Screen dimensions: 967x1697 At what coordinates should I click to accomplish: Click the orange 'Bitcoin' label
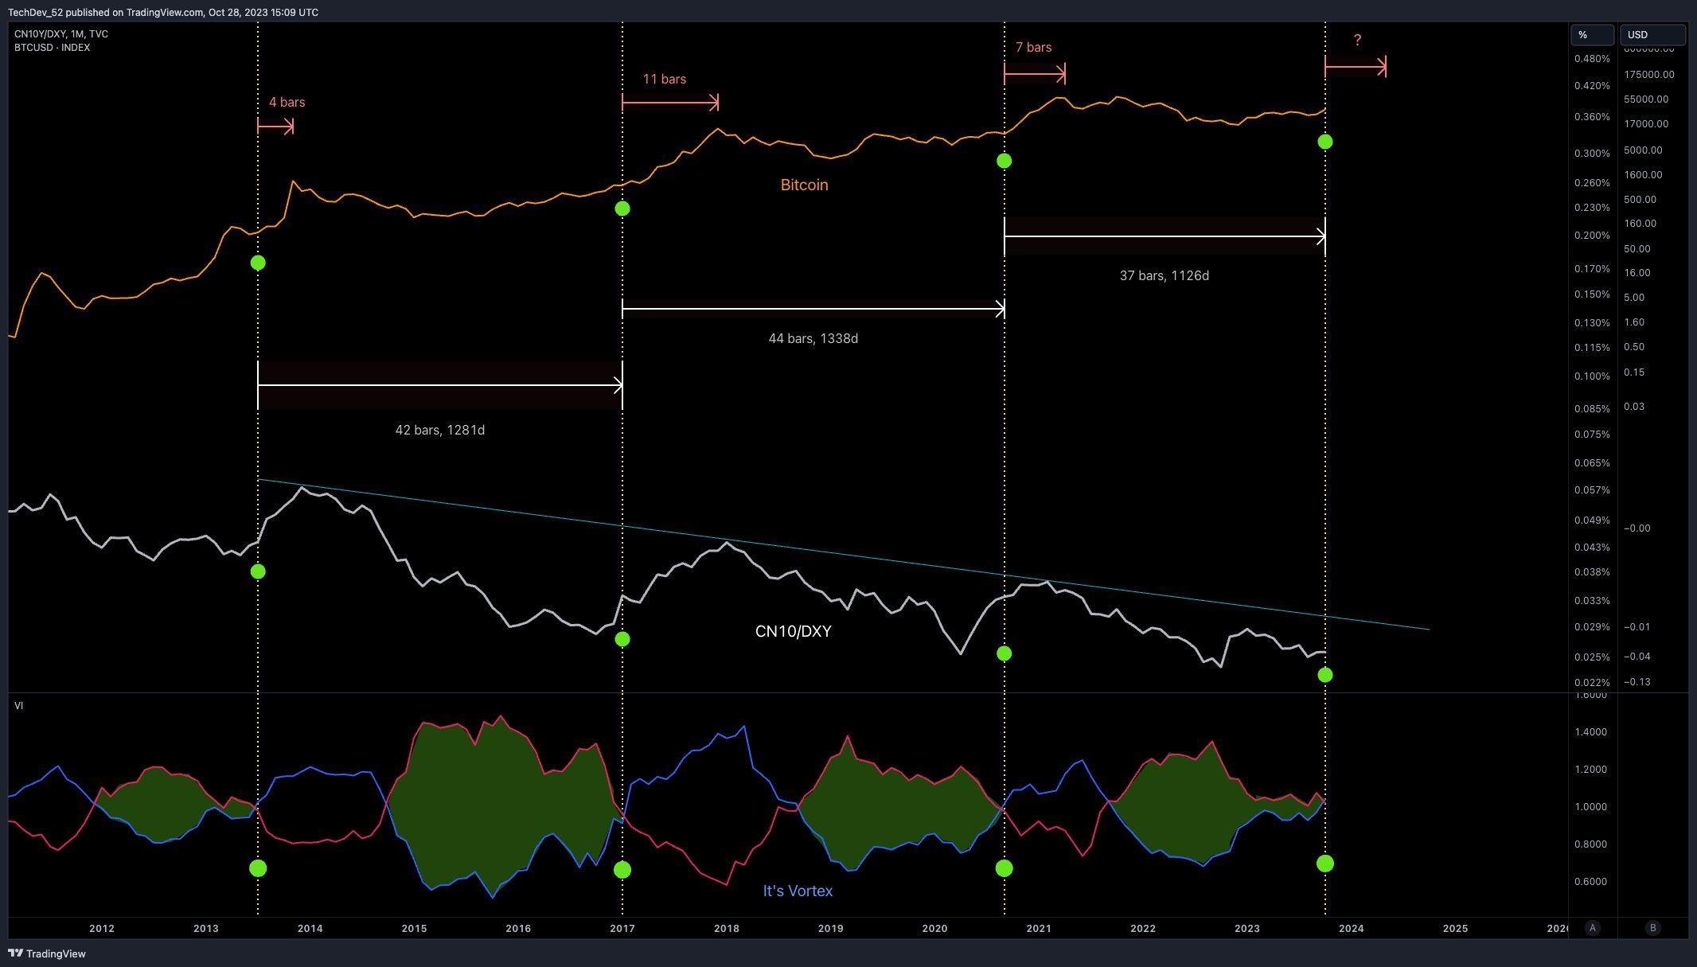[804, 185]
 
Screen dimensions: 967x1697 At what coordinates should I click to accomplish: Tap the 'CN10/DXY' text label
[793, 631]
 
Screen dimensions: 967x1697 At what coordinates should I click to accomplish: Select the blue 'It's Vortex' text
[798, 891]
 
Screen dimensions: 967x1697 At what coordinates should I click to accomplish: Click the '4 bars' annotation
[287, 102]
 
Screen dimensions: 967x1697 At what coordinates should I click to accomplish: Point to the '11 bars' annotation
[664, 79]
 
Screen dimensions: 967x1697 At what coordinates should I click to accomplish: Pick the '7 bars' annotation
[1033, 47]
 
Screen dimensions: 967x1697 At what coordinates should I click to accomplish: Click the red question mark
[1357, 40]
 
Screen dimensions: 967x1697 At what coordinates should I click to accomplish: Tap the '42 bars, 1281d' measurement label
[439, 430]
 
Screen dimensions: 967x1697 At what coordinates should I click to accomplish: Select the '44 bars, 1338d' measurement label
[813, 338]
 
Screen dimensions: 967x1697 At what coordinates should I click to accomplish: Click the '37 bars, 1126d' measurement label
[1164, 275]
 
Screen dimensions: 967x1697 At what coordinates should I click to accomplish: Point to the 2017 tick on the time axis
[622, 928]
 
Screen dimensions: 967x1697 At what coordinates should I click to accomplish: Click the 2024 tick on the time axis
[1351, 928]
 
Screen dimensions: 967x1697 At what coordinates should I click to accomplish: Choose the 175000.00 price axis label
[1648, 74]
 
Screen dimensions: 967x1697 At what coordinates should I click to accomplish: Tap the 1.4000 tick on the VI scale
[1590, 731]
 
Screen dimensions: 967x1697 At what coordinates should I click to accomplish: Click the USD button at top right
[1652, 34]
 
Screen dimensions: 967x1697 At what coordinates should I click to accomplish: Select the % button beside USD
[1591, 34]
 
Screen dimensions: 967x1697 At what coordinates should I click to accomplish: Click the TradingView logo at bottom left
[47, 953]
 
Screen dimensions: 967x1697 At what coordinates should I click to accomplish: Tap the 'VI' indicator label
[18, 706]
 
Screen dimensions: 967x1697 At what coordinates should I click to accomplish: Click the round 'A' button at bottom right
[1592, 927]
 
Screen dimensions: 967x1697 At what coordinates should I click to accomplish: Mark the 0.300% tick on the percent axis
[1591, 153]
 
